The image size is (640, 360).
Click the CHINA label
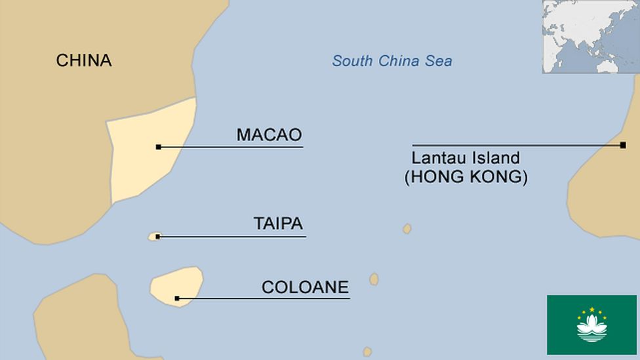click(83, 61)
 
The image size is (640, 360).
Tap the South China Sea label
click(391, 61)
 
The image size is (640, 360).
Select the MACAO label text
click(269, 135)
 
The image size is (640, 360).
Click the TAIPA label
click(278, 224)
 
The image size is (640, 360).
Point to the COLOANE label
click(305, 287)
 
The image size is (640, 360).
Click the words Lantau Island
click(466, 158)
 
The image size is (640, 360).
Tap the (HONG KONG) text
click(466, 177)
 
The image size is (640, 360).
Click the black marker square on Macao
click(158, 147)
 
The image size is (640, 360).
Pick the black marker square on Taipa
click(157, 236)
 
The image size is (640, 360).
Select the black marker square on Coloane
click(177, 298)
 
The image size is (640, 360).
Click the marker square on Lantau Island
click(622, 145)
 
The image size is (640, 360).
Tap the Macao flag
click(591, 325)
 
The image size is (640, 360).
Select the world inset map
click(590, 36)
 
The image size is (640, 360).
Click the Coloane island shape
click(176, 283)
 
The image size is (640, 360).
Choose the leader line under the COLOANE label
click(262, 298)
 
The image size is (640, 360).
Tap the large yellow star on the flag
click(591, 309)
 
